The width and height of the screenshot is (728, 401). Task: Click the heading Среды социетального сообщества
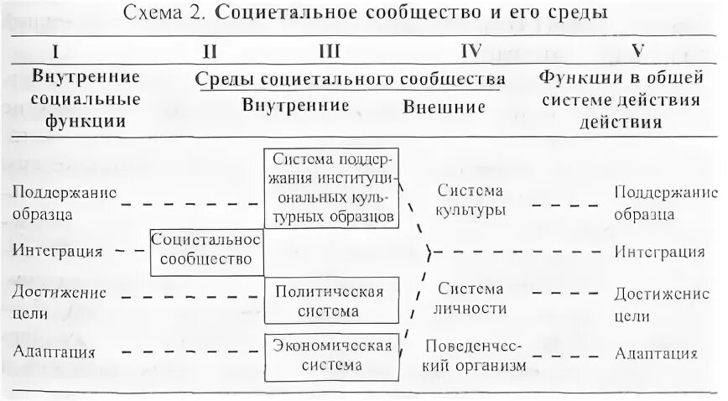(350, 80)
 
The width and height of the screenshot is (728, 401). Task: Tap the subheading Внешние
(444, 107)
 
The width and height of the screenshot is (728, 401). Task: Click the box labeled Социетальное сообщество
(206, 249)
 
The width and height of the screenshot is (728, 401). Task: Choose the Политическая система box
(330, 301)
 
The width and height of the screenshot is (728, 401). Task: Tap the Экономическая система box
(330, 355)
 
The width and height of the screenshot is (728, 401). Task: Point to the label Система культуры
(471, 200)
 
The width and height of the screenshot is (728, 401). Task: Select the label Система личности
(471, 299)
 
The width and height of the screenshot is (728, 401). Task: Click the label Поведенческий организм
(474, 356)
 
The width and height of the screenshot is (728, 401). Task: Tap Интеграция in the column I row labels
(58, 250)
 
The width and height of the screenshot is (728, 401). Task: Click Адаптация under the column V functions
(656, 352)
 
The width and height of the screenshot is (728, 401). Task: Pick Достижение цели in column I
(60, 302)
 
